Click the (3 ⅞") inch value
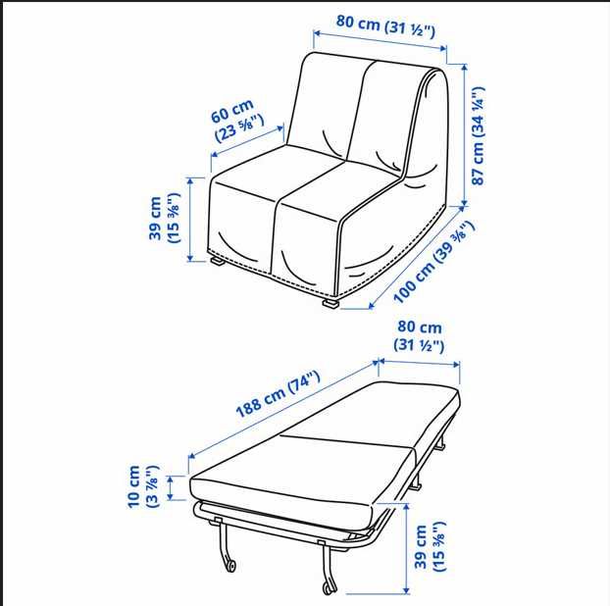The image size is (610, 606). click(154, 486)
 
